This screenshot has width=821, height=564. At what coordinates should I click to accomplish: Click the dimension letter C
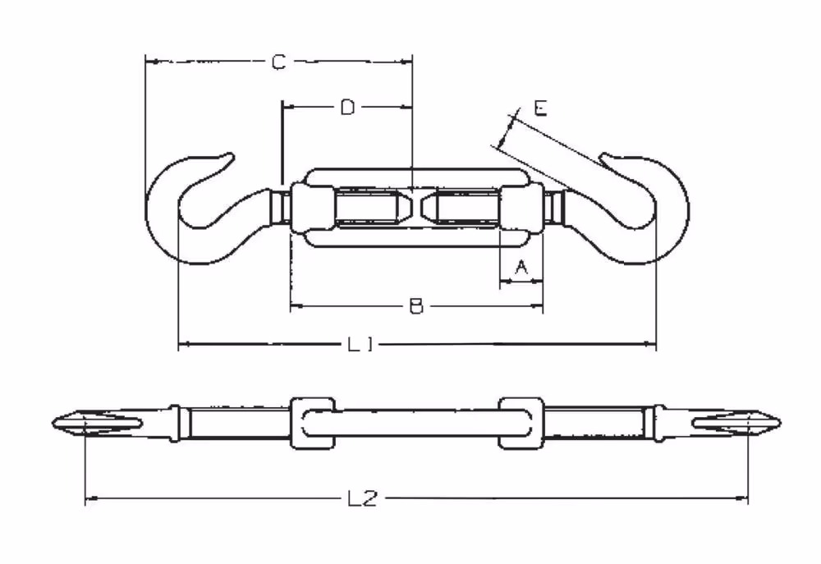[x=278, y=62]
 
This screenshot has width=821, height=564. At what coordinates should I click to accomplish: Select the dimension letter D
[x=347, y=108]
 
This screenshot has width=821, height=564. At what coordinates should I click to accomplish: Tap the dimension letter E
[x=540, y=108]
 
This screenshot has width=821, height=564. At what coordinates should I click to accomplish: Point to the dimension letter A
[x=521, y=268]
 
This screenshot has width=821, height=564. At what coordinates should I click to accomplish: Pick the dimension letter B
[x=415, y=306]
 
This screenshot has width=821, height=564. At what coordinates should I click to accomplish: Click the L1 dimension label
[x=360, y=344]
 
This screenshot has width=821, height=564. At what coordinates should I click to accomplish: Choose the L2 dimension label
[x=362, y=498]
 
